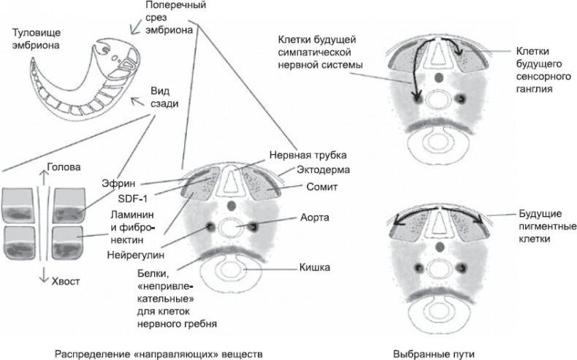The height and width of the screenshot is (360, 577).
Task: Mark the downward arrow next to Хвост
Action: click(x=43, y=278)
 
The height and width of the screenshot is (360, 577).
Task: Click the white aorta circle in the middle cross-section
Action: click(x=232, y=228)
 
